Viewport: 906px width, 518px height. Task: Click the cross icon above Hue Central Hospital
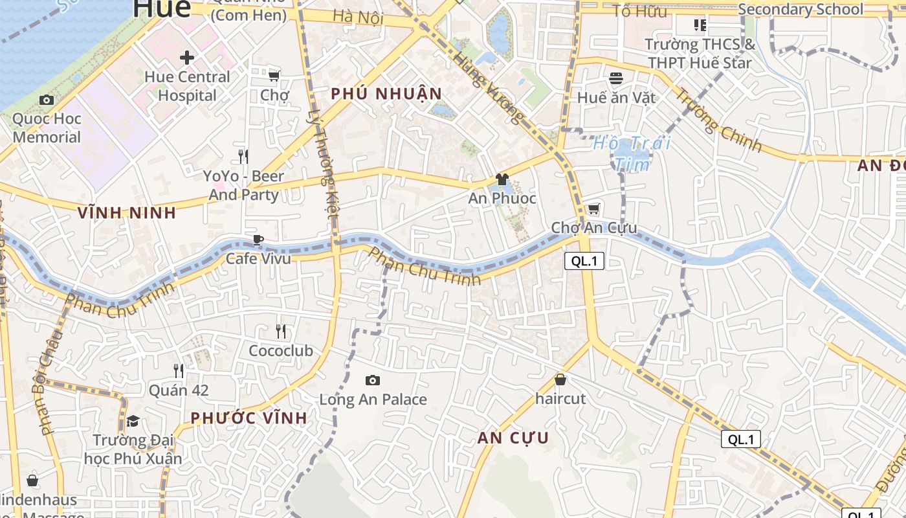[187, 58]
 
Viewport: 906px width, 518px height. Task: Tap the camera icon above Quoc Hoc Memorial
[47, 100]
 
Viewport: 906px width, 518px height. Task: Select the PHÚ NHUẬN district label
[386, 94]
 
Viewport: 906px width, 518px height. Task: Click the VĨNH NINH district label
[127, 212]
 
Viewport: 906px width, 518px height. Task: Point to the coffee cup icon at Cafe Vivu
[258, 240]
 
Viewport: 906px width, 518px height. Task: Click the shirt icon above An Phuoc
[502, 179]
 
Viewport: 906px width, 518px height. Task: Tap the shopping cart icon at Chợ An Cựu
[593, 209]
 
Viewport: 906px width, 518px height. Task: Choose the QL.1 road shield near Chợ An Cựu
[584, 261]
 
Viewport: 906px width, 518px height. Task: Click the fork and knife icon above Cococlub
[281, 332]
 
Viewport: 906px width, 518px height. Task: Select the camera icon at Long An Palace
[373, 380]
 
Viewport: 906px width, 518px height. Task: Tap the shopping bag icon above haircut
[560, 379]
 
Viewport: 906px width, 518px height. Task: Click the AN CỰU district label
[513, 438]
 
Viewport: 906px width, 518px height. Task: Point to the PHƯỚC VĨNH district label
[249, 418]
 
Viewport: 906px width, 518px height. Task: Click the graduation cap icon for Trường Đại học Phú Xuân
[133, 421]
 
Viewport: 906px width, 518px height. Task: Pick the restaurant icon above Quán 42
[179, 370]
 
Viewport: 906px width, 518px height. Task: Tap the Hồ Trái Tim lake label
[632, 153]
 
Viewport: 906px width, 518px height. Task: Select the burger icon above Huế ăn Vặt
[616, 78]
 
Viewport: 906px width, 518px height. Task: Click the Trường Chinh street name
[718, 119]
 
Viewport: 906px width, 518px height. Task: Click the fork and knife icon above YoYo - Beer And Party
[243, 157]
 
